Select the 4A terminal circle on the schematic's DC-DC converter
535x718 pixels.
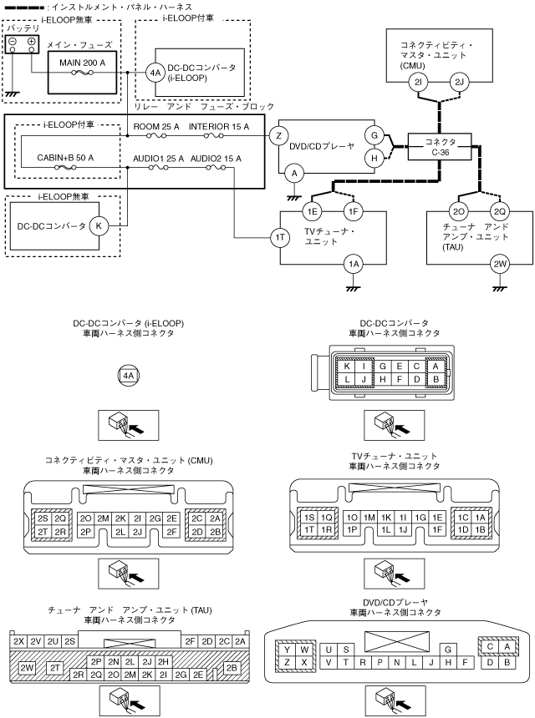pos(155,72)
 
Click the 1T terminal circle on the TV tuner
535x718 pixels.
pos(281,238)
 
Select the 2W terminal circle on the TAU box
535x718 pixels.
pos(500,265)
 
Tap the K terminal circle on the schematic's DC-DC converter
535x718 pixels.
pos(99,225)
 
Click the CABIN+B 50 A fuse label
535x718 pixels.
pos(65,157)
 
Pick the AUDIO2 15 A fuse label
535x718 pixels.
pos(216,157)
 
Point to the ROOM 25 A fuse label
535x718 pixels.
pos(157,126)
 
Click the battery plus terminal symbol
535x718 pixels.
pos(31,42)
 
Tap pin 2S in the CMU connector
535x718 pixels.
pos(43,518)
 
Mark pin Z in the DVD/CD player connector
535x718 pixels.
pos(288,662)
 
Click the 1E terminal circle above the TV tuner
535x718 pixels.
pos(313,210)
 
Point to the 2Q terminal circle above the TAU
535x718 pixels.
pos(500,210)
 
